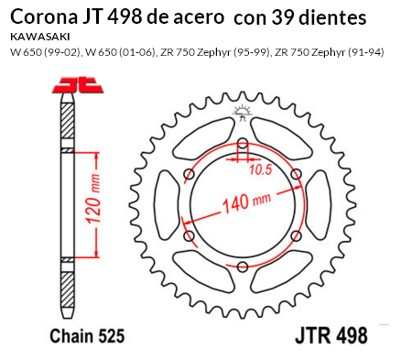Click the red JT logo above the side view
click(78, 85)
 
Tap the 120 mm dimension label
click(93, 199)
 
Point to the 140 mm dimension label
click(246, 202)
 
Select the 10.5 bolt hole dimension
click(260, 169)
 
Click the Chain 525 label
click(87, 336)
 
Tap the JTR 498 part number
click(331, 335)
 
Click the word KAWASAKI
click(40, 37)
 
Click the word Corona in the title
click(44, 17)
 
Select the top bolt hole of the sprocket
click(243, 143)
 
